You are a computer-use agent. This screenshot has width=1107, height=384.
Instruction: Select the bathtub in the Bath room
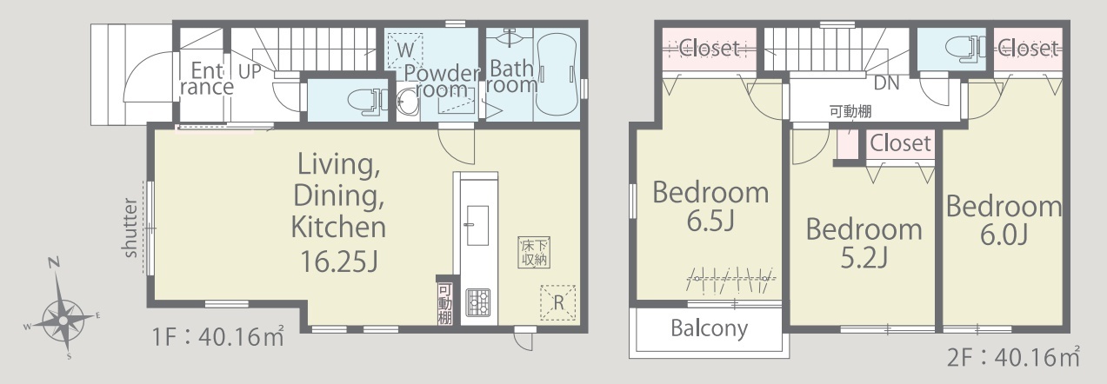point(557,75)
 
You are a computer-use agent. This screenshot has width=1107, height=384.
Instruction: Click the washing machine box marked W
point(404,50)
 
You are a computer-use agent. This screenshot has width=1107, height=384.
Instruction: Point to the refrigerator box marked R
point(558,302)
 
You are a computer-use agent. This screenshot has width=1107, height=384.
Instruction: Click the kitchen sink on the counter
point(478,225)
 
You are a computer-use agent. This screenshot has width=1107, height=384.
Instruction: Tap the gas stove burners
point(478,302)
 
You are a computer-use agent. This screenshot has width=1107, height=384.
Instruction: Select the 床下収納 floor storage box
point(534,253)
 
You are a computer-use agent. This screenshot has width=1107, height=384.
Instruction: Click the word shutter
point(130,228)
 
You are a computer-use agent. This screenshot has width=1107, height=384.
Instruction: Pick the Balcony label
point(710,328)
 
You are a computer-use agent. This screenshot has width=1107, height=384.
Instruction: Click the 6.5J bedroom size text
point(710,221)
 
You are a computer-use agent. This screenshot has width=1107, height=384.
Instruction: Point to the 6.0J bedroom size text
point(1004,235)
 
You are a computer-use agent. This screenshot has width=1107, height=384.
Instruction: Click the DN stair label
point(887,83)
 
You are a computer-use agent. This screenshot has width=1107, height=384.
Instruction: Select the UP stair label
point(250,71)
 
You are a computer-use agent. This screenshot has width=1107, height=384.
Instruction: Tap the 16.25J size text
point(339,262)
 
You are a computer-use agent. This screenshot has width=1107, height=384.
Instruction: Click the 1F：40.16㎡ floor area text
point(218,337)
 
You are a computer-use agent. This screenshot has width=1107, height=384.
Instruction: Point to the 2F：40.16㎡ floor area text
point(1013,357)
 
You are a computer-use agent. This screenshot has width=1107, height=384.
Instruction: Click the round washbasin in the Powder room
point(408,103)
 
